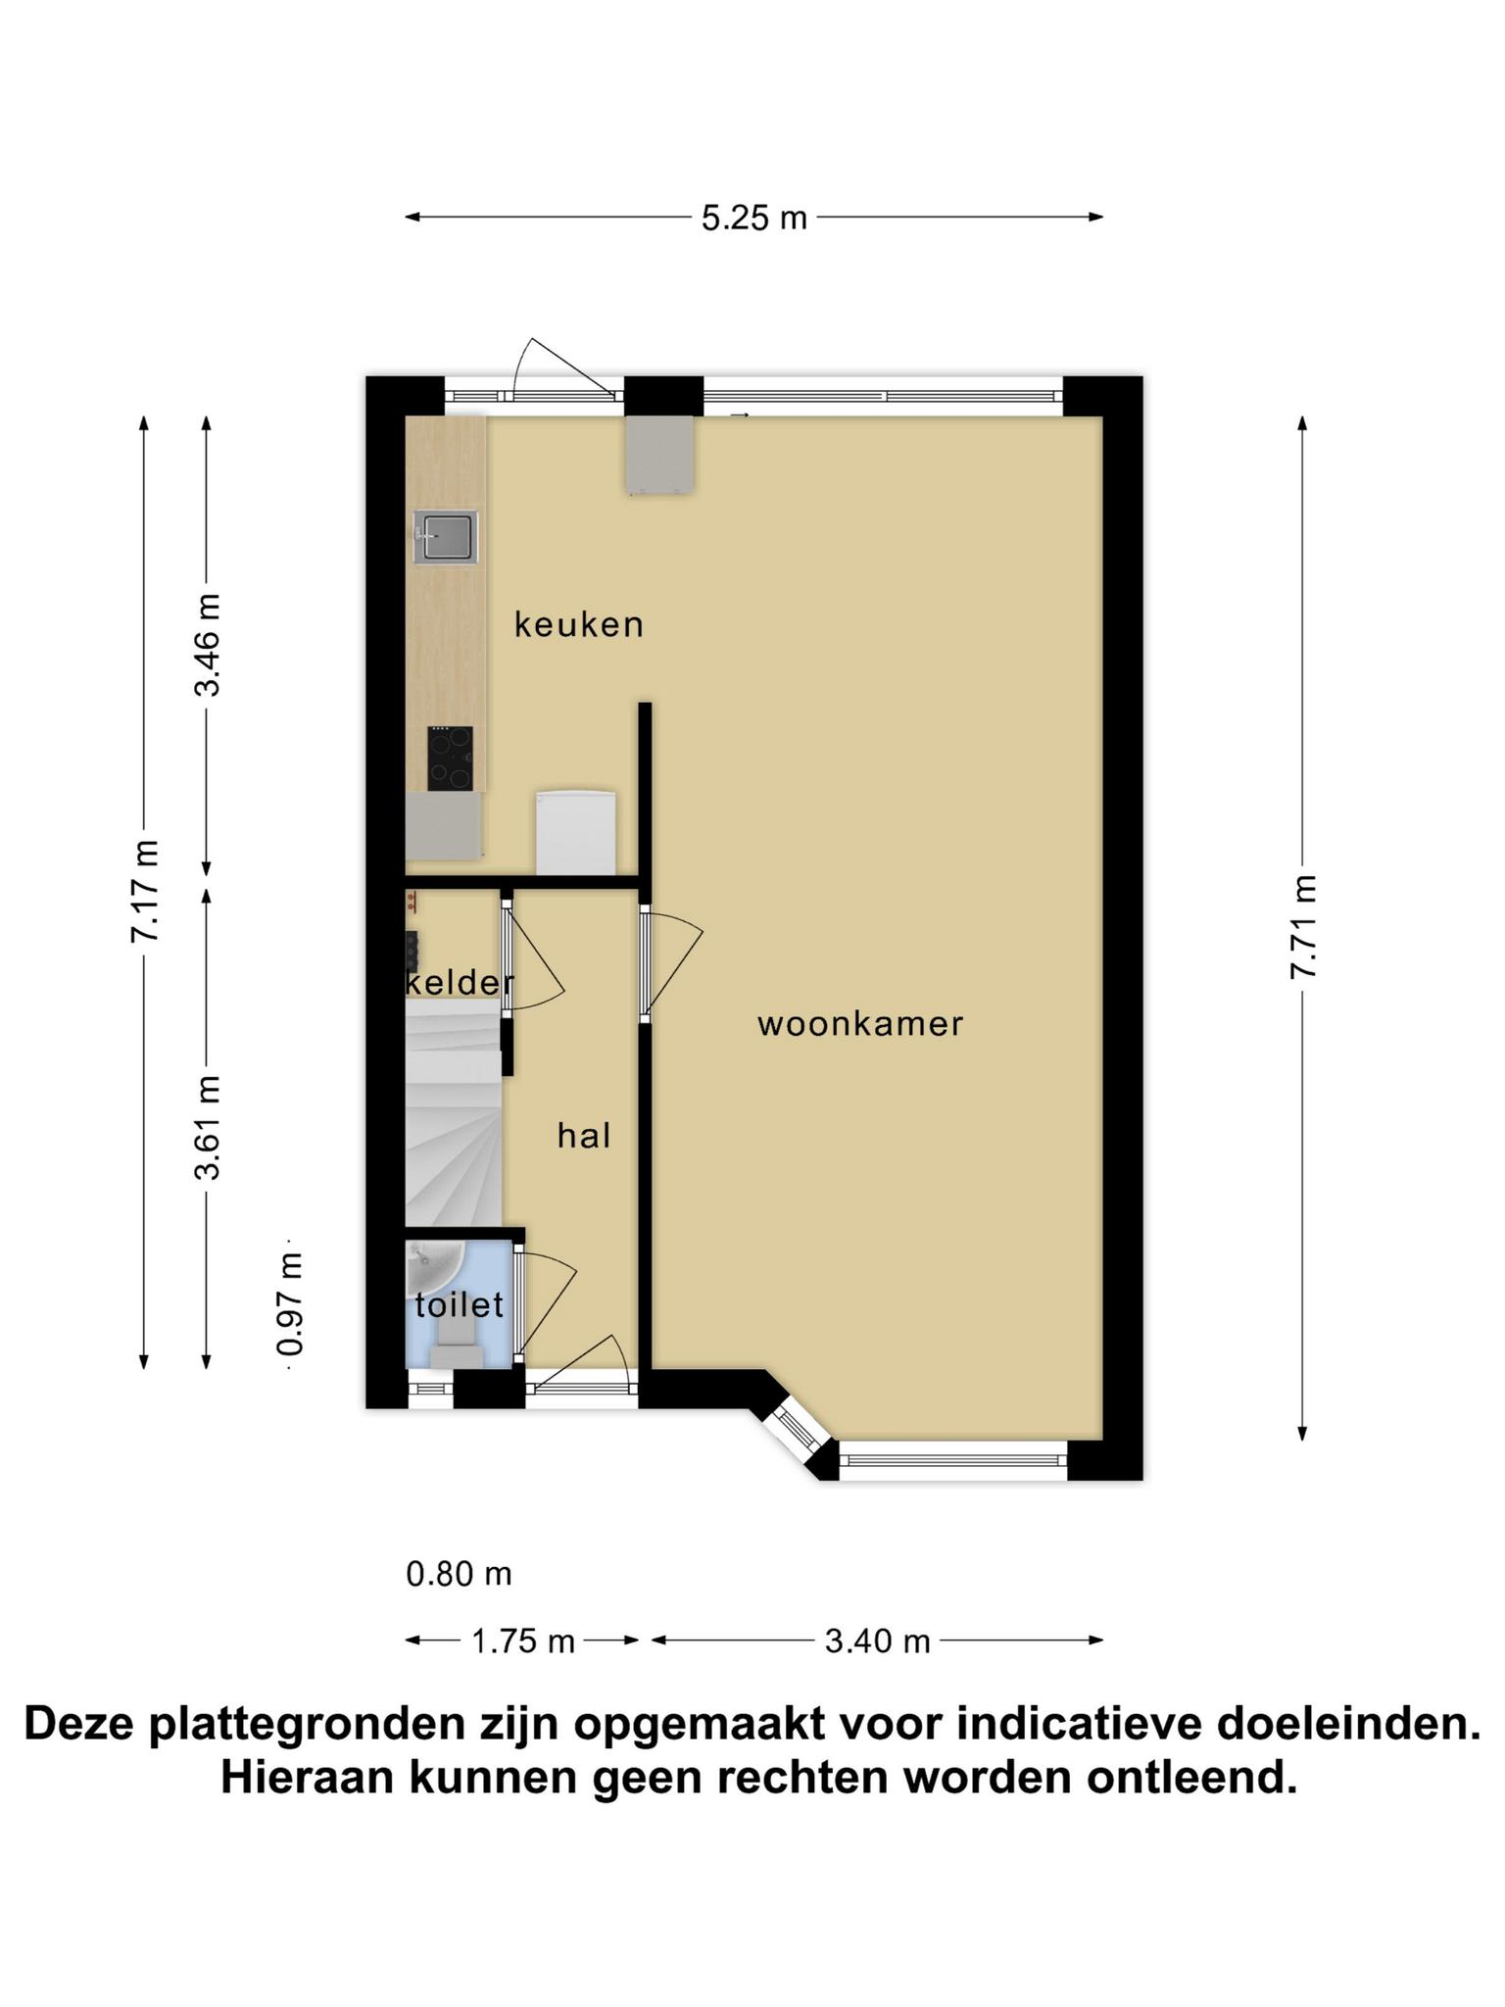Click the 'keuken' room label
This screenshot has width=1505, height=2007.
tap(579, 624)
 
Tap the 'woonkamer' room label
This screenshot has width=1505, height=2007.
tap(860, 1024)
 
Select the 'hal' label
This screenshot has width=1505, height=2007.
tap(584, 1136)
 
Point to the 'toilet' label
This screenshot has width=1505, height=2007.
tap(460, 1304)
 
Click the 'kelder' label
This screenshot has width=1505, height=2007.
tap(460, 982)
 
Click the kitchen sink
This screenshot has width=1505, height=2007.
tap(446, 538)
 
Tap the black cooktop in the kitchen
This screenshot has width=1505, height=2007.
tap(450, 759)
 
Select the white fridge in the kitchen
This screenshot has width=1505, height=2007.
tap(576, 832)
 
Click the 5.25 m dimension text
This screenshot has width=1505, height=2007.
tap(754, 218)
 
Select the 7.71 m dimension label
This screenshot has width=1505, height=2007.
tap(1303, 927)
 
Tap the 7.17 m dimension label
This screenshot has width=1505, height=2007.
tap(145, 891)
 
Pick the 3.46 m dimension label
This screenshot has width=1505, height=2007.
tap(207, 644)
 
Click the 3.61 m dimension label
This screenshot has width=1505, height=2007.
tap(207, 1127)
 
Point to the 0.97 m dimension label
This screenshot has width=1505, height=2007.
tap(290, 1303)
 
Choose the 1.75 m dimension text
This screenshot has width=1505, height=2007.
tap(523, 1640)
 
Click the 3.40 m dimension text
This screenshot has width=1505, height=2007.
tap(877, 1640)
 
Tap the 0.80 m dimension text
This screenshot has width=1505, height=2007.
tap(460, 1574)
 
